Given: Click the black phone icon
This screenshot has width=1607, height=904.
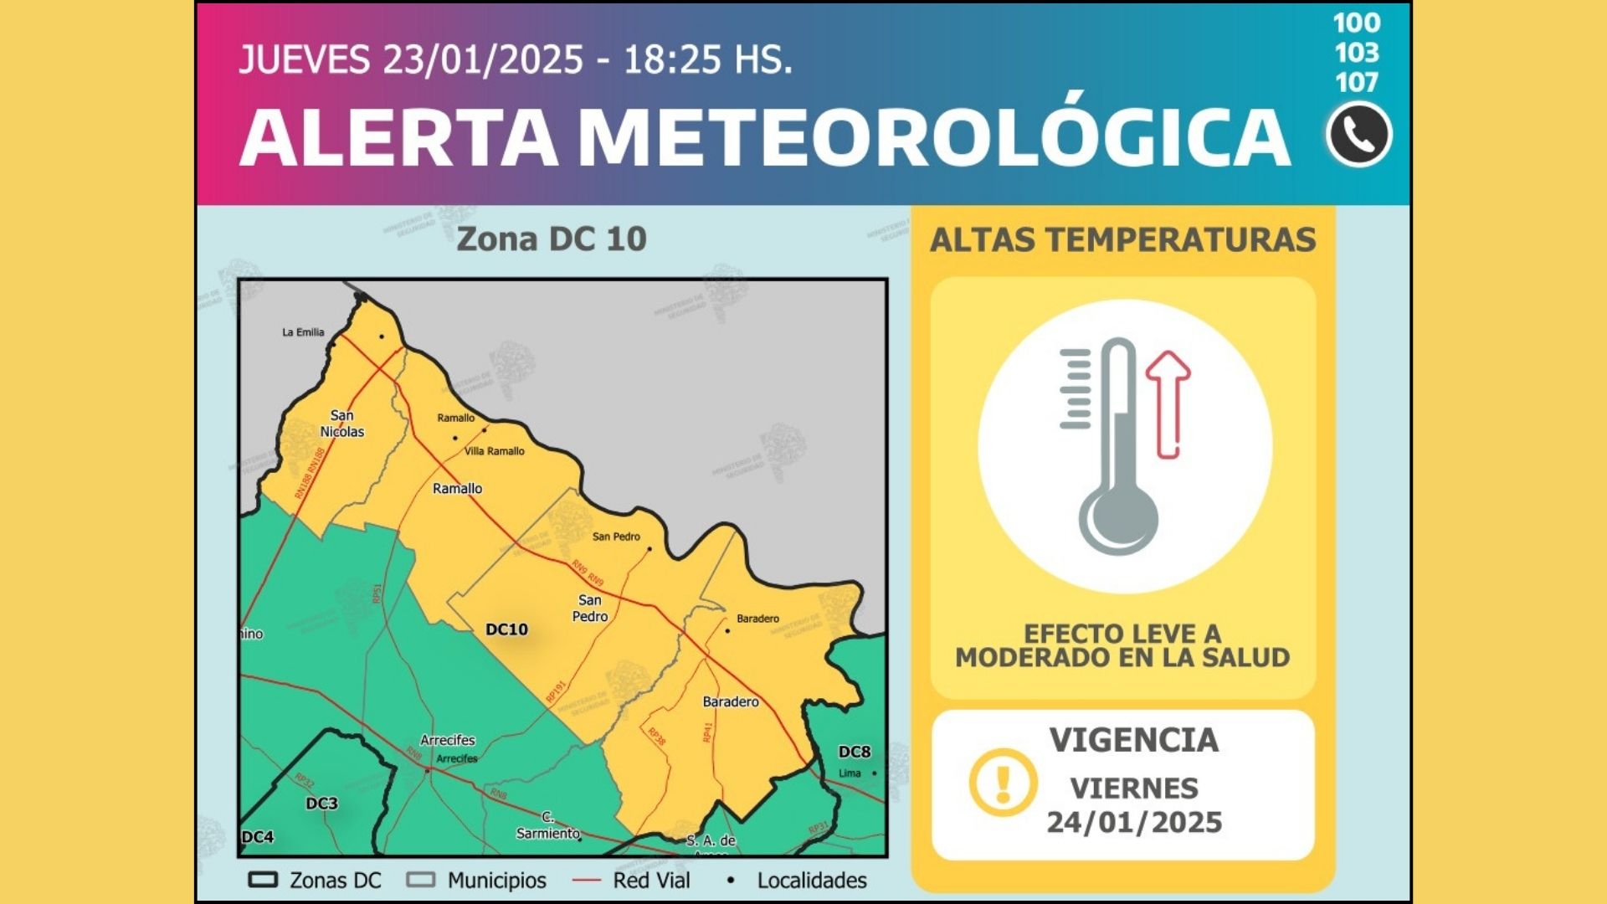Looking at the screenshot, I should (x=1358, y=135).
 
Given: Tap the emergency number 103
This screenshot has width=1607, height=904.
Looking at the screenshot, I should (x=1357, y=53).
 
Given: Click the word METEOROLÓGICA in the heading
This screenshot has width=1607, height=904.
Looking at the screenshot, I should (x=933, y=136).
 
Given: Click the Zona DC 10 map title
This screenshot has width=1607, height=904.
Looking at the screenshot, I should (x=552, y=239).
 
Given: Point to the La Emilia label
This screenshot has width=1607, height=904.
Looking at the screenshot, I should (x=303, y=332).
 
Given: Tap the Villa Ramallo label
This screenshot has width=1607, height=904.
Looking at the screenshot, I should (x=495, y=451).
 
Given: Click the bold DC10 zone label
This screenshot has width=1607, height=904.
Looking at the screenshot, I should (x=507, y=629).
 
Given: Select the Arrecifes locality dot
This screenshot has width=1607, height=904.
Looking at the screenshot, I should (x=428, y=770).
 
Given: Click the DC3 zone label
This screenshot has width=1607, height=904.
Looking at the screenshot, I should (x=321, y=804).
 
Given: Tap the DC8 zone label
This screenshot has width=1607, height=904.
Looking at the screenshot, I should (x=855, y=752).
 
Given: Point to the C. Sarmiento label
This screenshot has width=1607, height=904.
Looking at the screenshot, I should (x=548, y=825).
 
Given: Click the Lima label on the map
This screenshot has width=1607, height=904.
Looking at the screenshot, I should (x=850, y=773).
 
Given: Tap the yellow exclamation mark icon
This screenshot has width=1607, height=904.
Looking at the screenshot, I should (x=1003, y=783).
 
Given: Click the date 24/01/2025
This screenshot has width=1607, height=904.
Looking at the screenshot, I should (x=1134, y=823).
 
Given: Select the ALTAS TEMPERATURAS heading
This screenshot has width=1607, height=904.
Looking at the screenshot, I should (x=1122, y=240).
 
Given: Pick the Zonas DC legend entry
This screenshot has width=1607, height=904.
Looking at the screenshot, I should (x=316, y=881).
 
